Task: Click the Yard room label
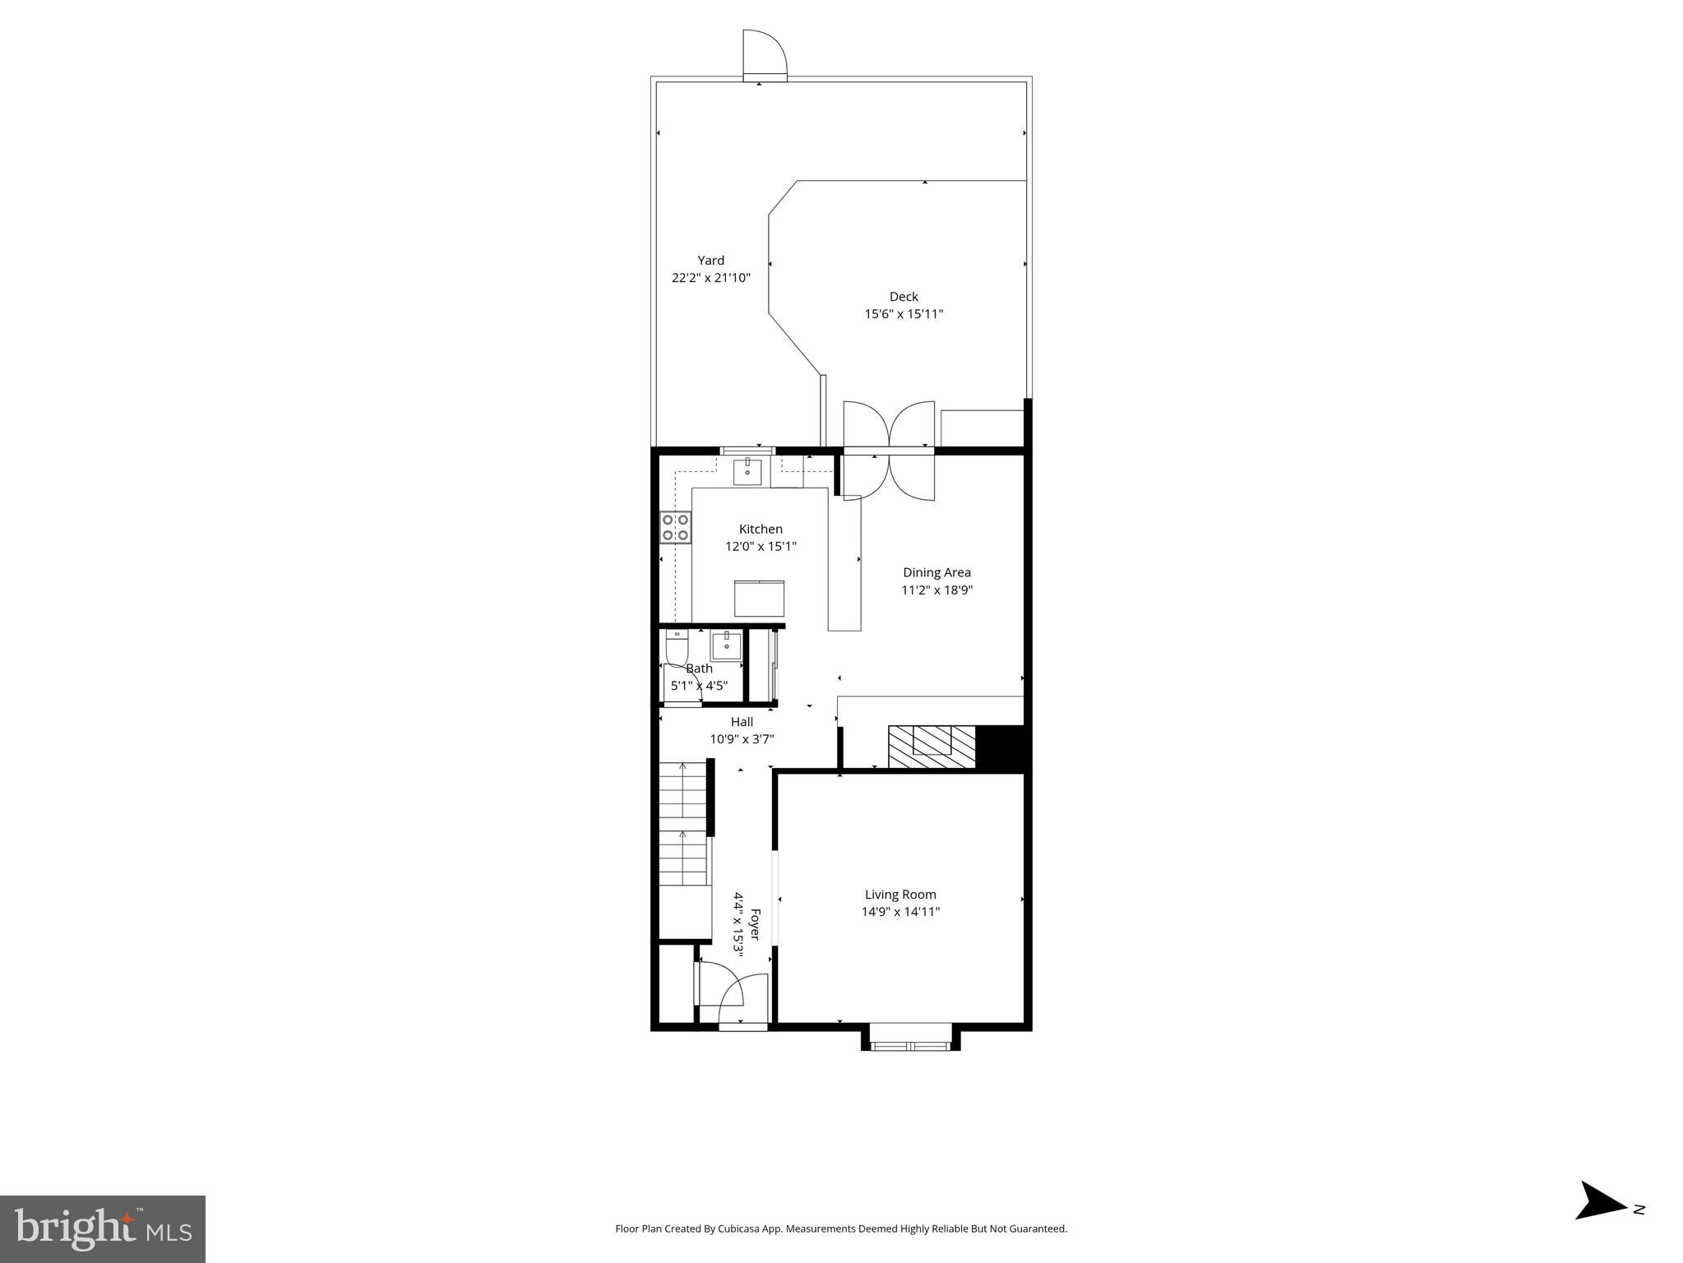(710, 261)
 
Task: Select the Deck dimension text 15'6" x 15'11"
(903, 314)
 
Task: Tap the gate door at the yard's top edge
(765, 54)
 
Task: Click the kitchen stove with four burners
(675, 527)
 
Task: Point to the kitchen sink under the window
(747, 473)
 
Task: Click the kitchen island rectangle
(759, 598)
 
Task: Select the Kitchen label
(761, 530)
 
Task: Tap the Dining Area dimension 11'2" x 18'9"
(936, 590)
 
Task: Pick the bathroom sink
(726, 645)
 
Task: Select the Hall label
(742, 722)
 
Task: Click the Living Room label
(900, 895)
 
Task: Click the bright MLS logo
(103, 1228)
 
